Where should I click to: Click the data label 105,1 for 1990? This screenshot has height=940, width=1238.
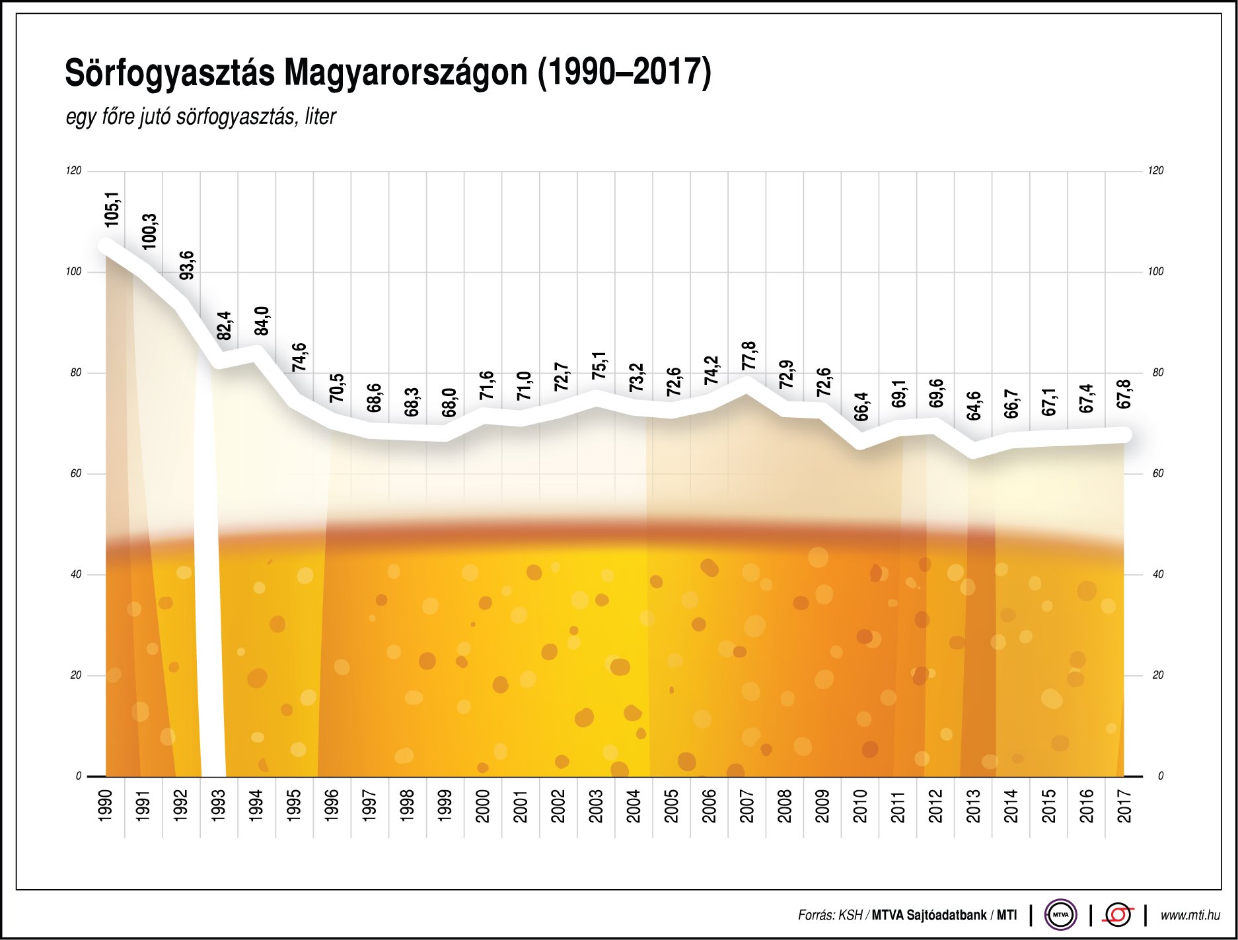pos(112,210)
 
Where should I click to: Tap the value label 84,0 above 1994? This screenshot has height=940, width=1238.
pos(262,321)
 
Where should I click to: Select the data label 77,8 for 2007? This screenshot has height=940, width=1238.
pos(749,356)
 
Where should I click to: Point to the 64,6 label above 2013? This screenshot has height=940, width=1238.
pos(974,406)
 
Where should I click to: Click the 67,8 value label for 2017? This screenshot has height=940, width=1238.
pos(1124,394)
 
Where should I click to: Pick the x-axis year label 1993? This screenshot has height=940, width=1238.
pos(219,806)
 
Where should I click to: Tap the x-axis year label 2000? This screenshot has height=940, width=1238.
pos(483,806)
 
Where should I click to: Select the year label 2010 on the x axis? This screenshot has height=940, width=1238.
pos(860,806)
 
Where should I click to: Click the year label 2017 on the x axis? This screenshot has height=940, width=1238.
pos(1124,806)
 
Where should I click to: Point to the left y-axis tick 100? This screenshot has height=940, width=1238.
pos(73,272)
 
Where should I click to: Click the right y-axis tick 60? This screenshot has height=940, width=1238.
pos(1157,473)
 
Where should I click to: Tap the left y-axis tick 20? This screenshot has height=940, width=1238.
pos(75,675)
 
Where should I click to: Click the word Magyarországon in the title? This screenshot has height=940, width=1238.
pos(406,73)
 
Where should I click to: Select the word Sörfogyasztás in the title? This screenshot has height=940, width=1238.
pos(170,73)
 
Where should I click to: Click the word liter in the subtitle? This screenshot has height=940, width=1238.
pos(320,117)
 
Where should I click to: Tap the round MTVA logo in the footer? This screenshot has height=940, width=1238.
pos(1060,915)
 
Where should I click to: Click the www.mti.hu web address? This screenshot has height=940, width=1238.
pos(1190,915)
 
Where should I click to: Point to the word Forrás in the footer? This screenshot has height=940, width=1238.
pos(816,916)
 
